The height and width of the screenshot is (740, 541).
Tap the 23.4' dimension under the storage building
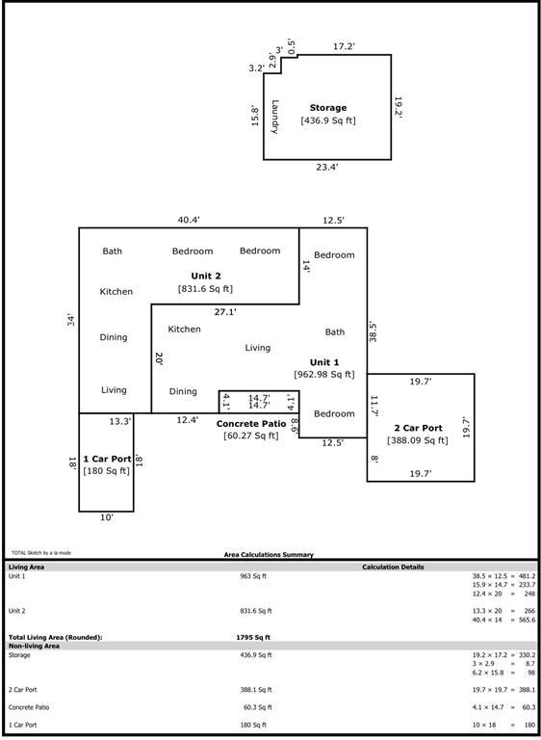point(327,167)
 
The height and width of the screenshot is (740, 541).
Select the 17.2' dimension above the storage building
point(345,45)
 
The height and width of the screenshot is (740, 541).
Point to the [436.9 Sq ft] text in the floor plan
point(328,120)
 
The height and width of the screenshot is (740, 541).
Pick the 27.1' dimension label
point(225,312)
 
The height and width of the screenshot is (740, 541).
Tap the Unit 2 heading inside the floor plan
point(205,276)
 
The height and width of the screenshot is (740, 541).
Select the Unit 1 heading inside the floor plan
point(324,362)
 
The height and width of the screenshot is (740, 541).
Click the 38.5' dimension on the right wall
point(374,333)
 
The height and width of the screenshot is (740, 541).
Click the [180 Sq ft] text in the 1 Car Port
point(106,471)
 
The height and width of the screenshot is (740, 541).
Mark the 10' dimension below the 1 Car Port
point(106,517)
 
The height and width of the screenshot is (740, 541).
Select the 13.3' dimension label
point(120,421)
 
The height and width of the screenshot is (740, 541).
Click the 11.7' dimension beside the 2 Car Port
point(374,406)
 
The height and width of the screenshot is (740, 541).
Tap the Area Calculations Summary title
point(269,555)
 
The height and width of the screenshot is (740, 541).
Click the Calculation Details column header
point(393,567)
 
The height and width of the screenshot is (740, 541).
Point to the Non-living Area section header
point(34,646)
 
